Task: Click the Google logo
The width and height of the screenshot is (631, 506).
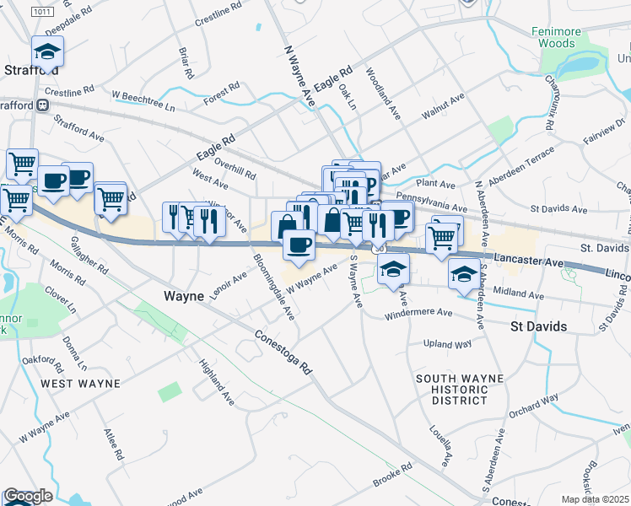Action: [28, 497]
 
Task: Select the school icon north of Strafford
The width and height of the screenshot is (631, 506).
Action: [47, 52]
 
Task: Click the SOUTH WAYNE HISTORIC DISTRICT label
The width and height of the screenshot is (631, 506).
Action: [452, 389]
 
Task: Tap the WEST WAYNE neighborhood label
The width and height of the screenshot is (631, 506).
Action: [81, 383]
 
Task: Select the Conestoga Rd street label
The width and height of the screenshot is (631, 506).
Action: [283, 353]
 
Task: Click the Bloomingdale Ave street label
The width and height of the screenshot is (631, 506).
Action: [273, 284]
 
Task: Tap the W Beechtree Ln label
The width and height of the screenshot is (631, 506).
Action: [143, 103]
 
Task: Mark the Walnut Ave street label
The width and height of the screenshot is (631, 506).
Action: [444, 104]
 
